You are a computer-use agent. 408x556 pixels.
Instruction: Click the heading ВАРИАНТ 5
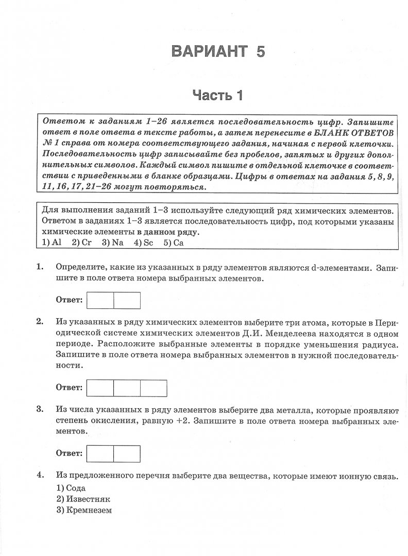tap(218, 51)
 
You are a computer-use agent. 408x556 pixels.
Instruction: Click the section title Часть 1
tap(217, 95)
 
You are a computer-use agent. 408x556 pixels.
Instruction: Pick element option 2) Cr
tap(81, 243)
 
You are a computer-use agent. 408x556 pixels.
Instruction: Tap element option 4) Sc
tap(143, 243)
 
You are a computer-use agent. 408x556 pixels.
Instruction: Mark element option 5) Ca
tap(174, 243)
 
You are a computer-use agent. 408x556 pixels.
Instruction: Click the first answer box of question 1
tap(100, 300)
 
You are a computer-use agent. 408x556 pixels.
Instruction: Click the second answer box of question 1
tap(127, 300)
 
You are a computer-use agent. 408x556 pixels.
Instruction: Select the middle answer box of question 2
tap(127, 388)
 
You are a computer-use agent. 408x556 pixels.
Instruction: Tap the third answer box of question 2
tap(154, 388)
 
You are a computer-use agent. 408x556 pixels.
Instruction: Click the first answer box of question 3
tap(100, 454)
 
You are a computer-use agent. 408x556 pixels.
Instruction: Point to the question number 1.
tap(39, 268)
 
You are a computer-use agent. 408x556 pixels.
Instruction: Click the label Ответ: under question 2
tap(69, 387)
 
